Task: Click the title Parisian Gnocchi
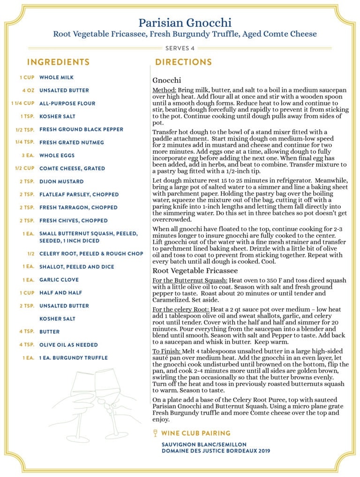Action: point(185,22)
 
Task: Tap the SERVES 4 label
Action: point(180,48)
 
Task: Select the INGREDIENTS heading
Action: point(58,62)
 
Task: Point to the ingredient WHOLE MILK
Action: point(56,77)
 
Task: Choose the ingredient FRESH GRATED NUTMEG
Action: point(72,142)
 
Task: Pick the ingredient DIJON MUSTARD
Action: point(61,181)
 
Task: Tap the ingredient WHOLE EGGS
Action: point(57,156)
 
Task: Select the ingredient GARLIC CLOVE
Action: point(59,280)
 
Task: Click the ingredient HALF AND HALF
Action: point(61,293)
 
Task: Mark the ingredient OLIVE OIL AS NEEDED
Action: point(68,345)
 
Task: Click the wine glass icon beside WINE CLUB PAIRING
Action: point(155,433)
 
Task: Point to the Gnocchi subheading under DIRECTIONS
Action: point(166,80)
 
